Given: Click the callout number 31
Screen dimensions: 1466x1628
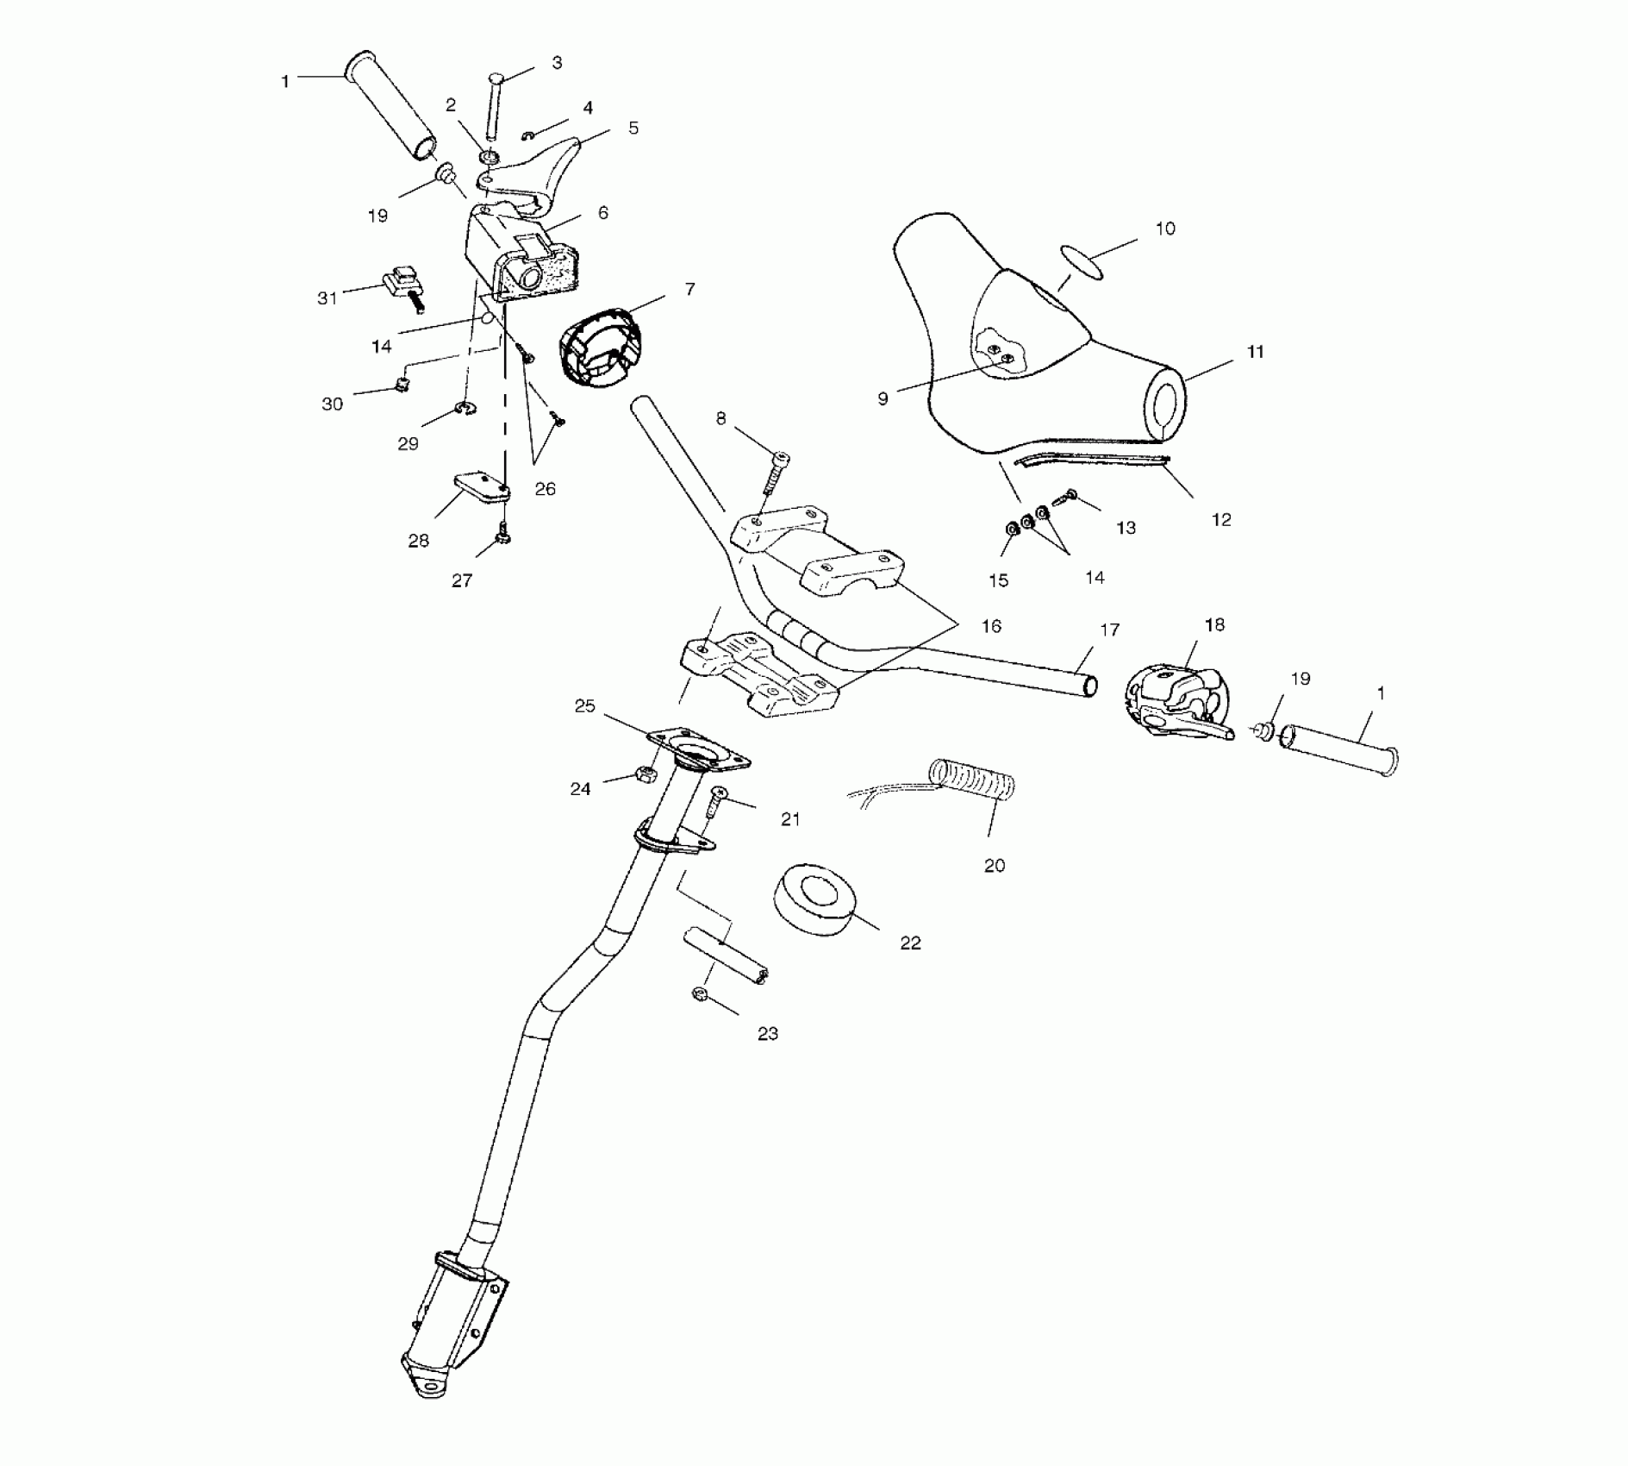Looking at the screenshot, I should (x=327, y=298).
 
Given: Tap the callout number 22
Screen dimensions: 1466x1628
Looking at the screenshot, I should (x=910, y=943).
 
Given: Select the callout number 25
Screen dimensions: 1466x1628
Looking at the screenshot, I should (x=584, y=706).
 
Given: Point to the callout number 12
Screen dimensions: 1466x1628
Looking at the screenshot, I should (x=1220, y=519).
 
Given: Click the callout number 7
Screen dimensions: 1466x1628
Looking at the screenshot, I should (x=689, y=290).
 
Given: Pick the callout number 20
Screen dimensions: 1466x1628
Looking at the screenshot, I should (x=994, y=865).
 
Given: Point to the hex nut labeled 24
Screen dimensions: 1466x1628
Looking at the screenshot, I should (x=643, y=773).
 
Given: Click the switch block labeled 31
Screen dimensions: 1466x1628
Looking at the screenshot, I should (x=402, y=283).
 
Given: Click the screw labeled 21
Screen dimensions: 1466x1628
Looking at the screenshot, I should (x=716, y=803).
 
